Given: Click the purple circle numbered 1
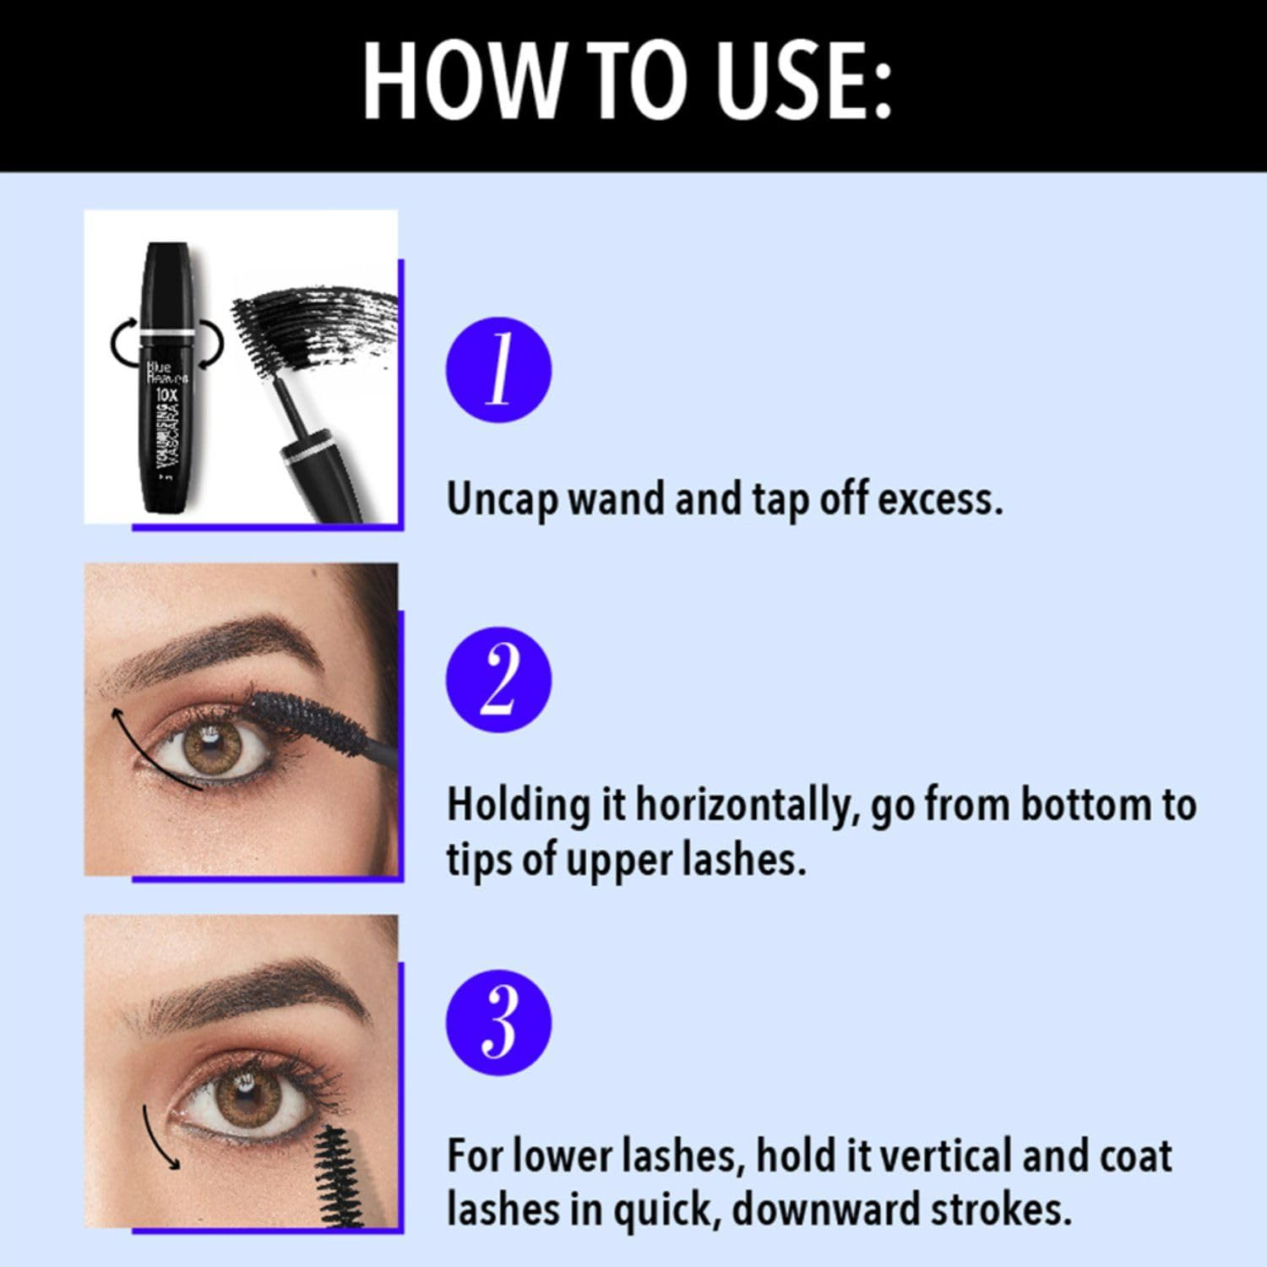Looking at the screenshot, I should coord(498,370).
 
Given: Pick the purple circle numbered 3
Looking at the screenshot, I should coord(498,1023).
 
